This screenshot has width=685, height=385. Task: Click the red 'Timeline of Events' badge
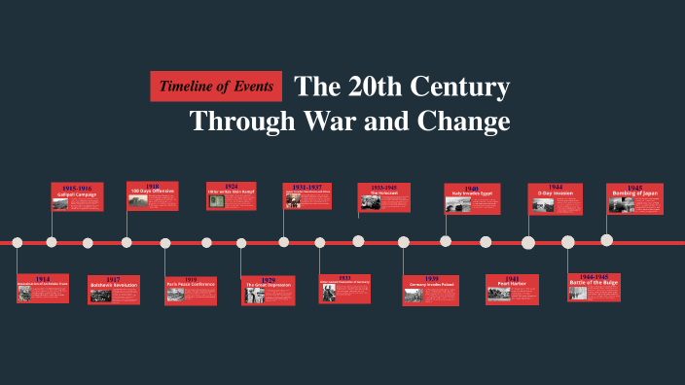(x=216, y=87)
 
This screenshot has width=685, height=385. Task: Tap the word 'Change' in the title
(x=464, y=122)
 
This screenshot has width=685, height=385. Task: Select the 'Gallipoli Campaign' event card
(x=78, y=196)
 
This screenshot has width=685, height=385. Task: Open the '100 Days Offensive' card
(x=152, y=195)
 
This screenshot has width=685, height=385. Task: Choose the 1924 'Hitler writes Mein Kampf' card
(x=231, y=195)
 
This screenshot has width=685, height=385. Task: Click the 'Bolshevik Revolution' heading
(x=114, y=285)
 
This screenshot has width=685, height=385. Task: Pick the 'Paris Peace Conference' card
(x=191, y=289)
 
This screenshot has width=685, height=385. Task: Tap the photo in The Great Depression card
(x=253, y=295)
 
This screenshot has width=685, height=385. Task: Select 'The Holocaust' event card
(x=383, y=196)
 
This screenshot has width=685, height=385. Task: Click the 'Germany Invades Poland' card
(x=430, y=290)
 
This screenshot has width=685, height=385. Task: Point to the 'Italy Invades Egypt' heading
(x=472, y=193)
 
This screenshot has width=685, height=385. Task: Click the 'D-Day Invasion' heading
(x=555, y=192)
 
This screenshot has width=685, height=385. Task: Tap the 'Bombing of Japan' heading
(x=634, y=193)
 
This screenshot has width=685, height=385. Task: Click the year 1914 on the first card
(x=43, y=279)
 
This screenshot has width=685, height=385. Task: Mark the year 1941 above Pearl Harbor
(x=512, y=278)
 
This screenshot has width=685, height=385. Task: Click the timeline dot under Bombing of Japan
(x=607, y=240)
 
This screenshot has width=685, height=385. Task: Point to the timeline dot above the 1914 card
(x=17, y=242)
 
